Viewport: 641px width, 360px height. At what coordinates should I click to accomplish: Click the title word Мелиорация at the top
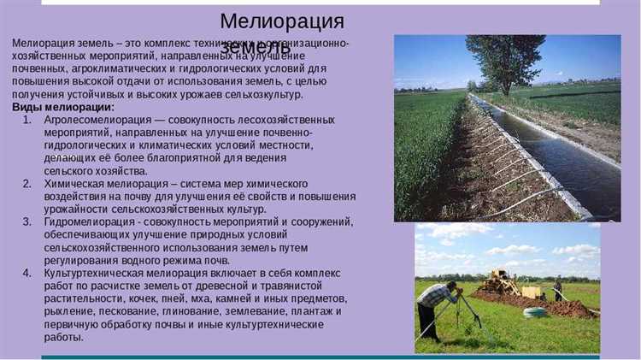[x=282, y=21]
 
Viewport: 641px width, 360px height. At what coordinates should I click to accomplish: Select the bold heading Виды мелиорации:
[x=63, y=107]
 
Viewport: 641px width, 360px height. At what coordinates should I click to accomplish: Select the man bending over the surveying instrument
[x=437, y=300]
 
